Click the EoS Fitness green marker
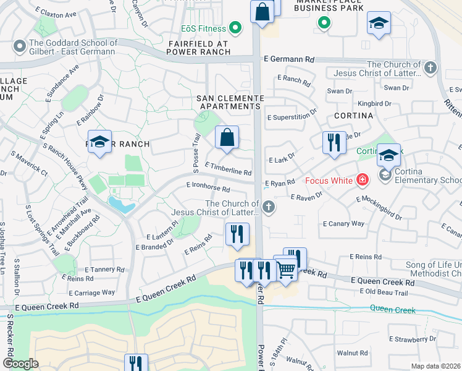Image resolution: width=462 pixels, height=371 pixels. tap(235, 28)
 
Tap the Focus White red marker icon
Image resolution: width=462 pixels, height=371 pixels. tap(363, 181)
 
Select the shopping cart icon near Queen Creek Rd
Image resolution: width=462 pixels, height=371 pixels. tap(285, 269)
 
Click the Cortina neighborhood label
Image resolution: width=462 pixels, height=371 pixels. tap(354, 116)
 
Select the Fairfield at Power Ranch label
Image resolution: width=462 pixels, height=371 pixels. tap(198, 48)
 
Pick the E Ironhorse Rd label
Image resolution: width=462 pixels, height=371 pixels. tap(208, 187)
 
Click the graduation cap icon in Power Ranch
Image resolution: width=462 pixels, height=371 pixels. tap(99, 142)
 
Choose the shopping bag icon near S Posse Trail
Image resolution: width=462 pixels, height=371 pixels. tap(227, 137)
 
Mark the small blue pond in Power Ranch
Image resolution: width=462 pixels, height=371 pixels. tap(120, 204)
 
